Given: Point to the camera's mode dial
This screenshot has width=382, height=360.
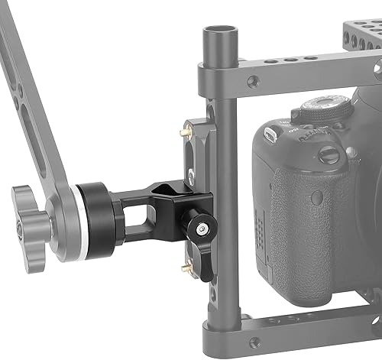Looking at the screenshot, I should point(325,107).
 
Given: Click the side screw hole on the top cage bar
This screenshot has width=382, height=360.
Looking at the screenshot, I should point(253,81).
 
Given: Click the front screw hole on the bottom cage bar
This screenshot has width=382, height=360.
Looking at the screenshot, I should point(254,342).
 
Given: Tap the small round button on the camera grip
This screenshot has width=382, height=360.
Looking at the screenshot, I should point(329,156).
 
